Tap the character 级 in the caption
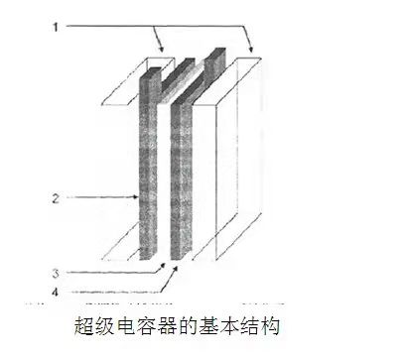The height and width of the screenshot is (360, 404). click(x=111, y=325)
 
